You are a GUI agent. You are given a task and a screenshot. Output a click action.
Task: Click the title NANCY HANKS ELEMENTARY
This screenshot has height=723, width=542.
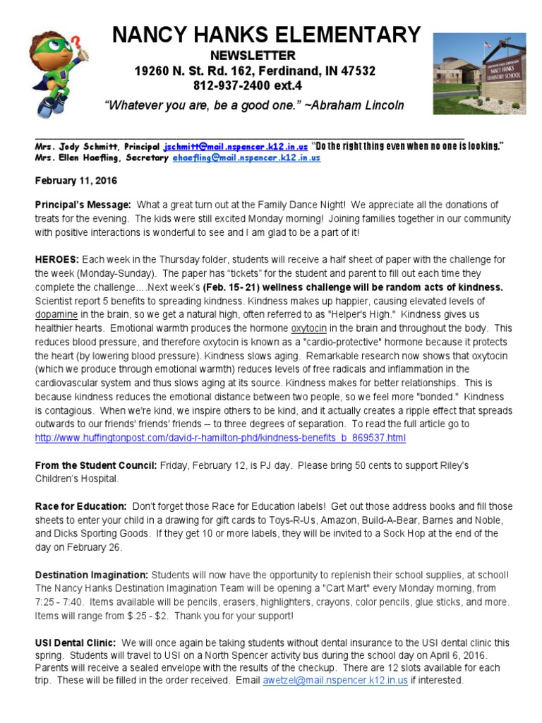click(266, 35)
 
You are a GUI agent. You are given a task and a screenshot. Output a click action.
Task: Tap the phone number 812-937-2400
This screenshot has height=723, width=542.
click(227, 86)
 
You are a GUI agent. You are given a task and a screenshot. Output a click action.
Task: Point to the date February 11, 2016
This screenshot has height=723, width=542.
click(76, 181)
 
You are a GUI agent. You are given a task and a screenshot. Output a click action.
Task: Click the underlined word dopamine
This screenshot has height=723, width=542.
click(56, 313)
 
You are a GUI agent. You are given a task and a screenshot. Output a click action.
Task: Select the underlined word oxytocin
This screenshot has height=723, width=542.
click(308, 328)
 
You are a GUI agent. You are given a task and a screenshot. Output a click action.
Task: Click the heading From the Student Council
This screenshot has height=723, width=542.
click(97, 465)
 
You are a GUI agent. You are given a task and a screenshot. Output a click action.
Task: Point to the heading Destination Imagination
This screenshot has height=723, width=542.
click(92, 575)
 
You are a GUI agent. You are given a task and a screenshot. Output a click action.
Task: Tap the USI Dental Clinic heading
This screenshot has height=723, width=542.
click(76, 643)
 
